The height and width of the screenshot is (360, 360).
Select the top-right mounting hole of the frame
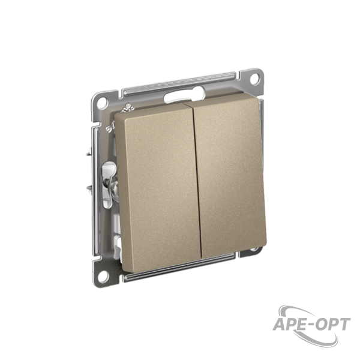(x=254, y=79)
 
